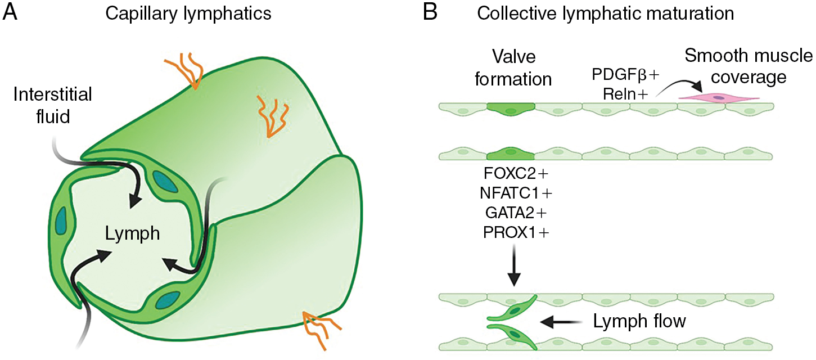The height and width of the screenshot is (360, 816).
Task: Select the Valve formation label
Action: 512,67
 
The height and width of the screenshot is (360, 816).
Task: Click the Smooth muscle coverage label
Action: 749,66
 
